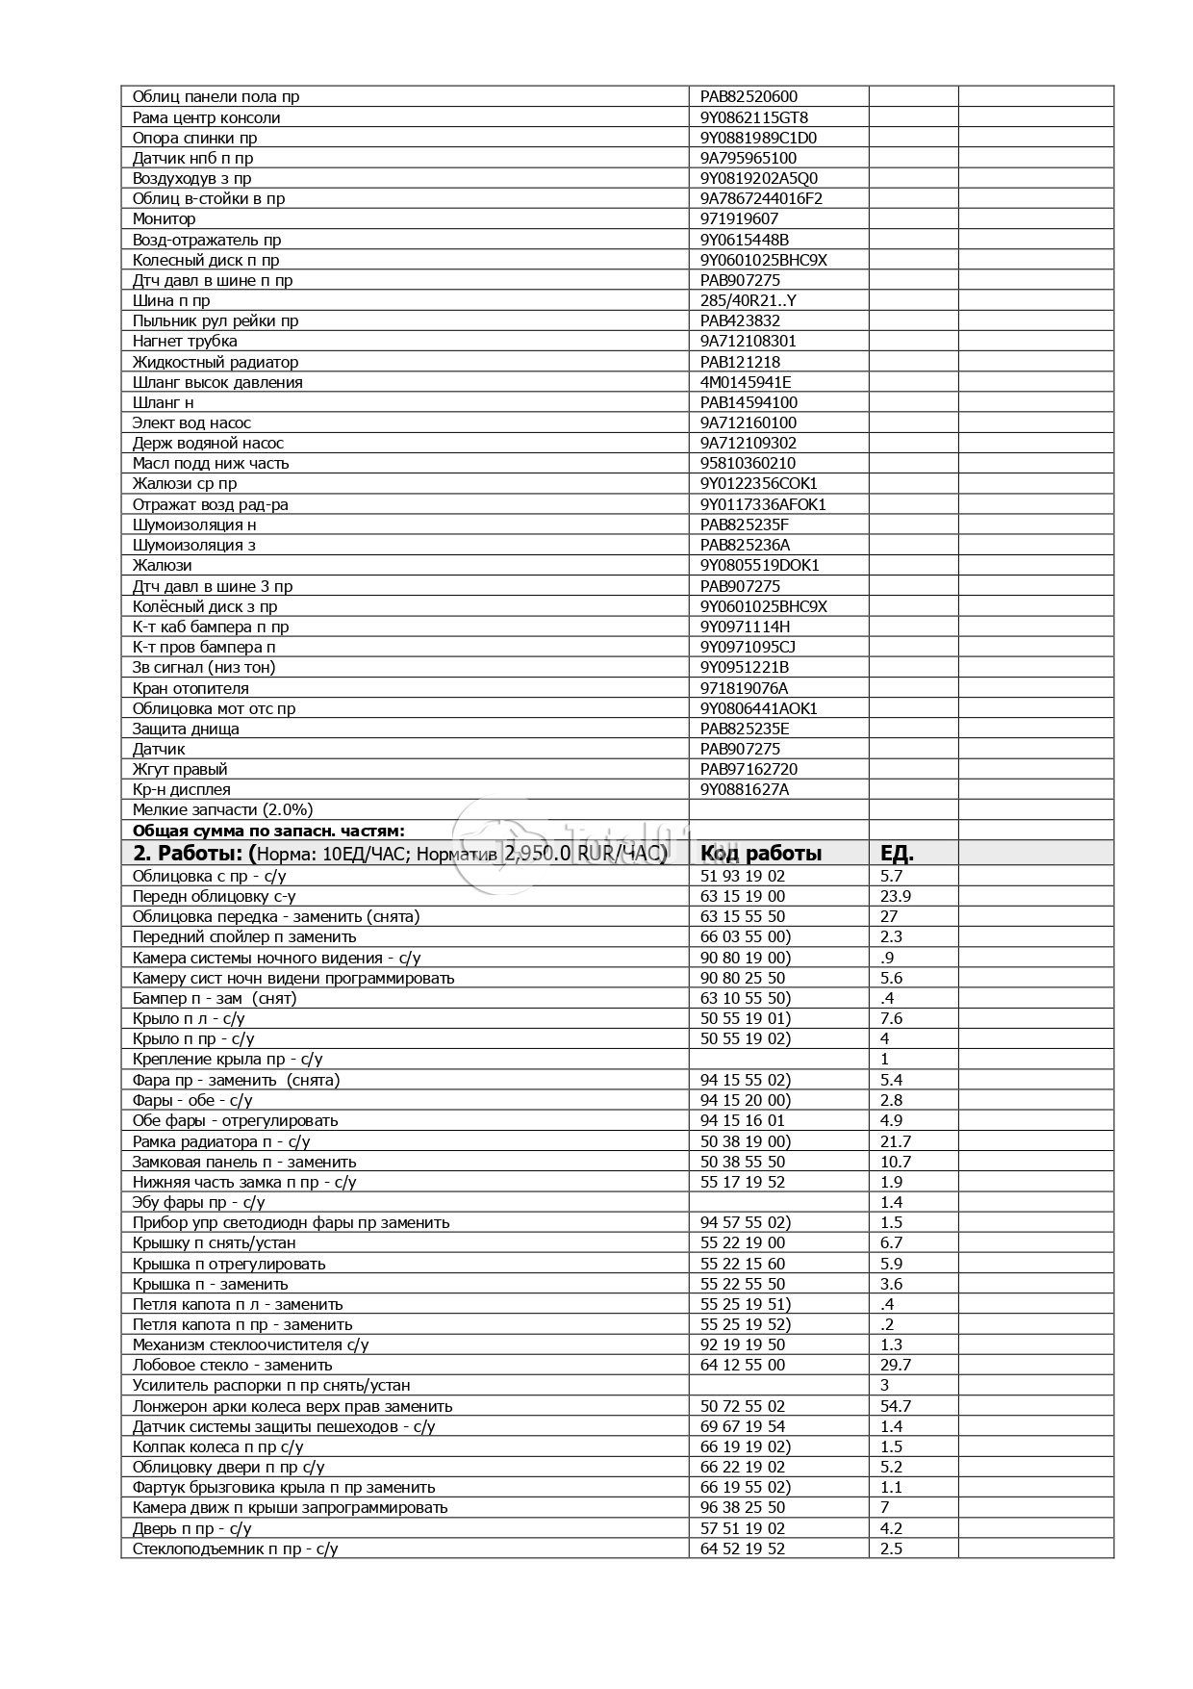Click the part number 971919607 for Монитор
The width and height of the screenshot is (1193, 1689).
pyautogui.click(x=739, y=219)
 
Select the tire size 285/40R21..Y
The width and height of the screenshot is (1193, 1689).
pyautogui.click(x=748, y=300)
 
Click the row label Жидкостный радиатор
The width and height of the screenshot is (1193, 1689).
pyautogui.click(x=216, y=362)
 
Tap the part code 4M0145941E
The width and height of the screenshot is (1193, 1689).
pyautogui.click(x=746, y=382)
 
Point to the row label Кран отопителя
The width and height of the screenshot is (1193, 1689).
pyautogui.click(x=190, y=688)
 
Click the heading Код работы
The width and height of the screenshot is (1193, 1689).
pyautogui.click(x=760, y=854)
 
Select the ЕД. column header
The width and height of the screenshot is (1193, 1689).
pyautogui.click(x=897, y=854)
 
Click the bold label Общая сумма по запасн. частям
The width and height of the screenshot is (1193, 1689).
pyautogui.click(x=268, y=831)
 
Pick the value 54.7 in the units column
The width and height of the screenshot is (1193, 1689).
pyautogui.click(x=896, y=1406)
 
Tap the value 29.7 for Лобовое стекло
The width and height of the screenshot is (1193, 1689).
pyautogui.click(x=896, y=1365)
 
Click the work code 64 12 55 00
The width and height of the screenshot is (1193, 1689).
pyautogui.click(x=743, y=1365)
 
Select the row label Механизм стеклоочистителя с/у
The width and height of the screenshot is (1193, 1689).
pyautogui.click(x=250, y=1344)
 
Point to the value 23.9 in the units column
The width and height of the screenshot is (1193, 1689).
pyautogui.click(x=896, y=896)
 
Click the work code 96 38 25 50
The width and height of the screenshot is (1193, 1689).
pyautogui.click(x=743, y=1507)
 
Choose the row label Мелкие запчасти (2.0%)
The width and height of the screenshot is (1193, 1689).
pyautogui.click(x=222, y=809)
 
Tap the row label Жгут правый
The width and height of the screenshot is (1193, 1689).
pyautogui.click(x=180, y=769)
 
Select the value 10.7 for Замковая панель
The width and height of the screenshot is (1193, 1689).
pyautogui.click(x=896, y=1162)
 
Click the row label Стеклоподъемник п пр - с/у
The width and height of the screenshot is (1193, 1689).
pyautogui.click(x=235, y=1548)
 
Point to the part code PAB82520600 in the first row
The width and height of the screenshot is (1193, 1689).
pyautogui.click(x=749, y=96)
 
